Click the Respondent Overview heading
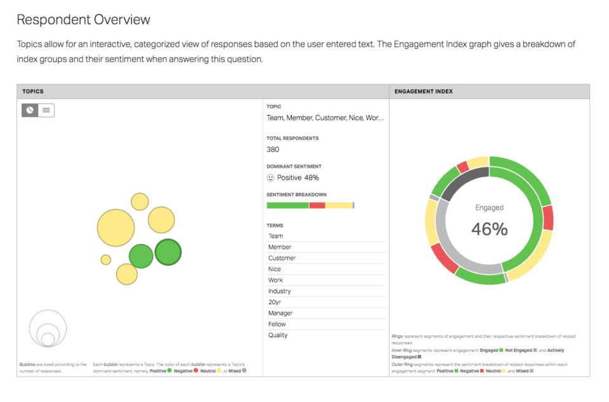coord(83,20)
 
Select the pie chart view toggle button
coord(30,110)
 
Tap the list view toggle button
coord(46,110)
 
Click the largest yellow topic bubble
coord(116,227)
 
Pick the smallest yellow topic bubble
coord(106,260)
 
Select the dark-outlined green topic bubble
coord(168,252)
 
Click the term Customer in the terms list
coord(282,258)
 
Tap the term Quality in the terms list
coord(278,335)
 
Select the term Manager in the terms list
coord(280,313)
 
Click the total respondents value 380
coord(273,149)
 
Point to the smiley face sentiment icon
coord(270,178)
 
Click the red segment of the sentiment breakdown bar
coord(317,205)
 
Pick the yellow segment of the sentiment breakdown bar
coord(339,205)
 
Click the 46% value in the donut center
coord(489,229)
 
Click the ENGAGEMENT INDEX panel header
coord(424,91)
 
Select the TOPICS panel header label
coord(33,91)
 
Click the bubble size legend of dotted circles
coord(48,328)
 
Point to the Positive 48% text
coord(298,178)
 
